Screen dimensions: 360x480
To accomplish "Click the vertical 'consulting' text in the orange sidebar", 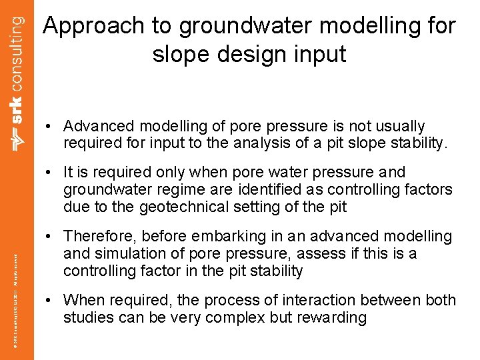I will (x=17, y=47).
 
